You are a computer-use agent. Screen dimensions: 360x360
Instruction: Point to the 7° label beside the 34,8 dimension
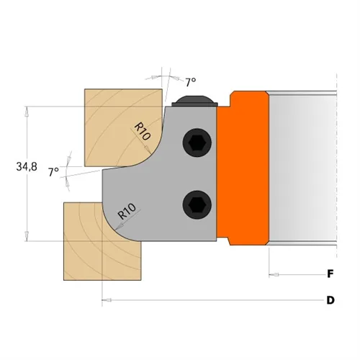pos(53,172)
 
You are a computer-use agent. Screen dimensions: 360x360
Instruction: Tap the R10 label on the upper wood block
pos(141,131)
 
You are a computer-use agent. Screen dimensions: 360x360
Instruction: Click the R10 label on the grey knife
pos(127,212)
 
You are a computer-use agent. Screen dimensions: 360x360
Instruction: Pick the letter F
pos(330,274)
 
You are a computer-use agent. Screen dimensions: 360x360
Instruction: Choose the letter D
pos(330,300)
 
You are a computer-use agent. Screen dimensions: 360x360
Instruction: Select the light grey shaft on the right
pos(302,166)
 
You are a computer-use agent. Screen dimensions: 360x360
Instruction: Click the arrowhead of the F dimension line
pos(273,274)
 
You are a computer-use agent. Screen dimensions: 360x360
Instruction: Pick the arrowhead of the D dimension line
pos(106,300)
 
